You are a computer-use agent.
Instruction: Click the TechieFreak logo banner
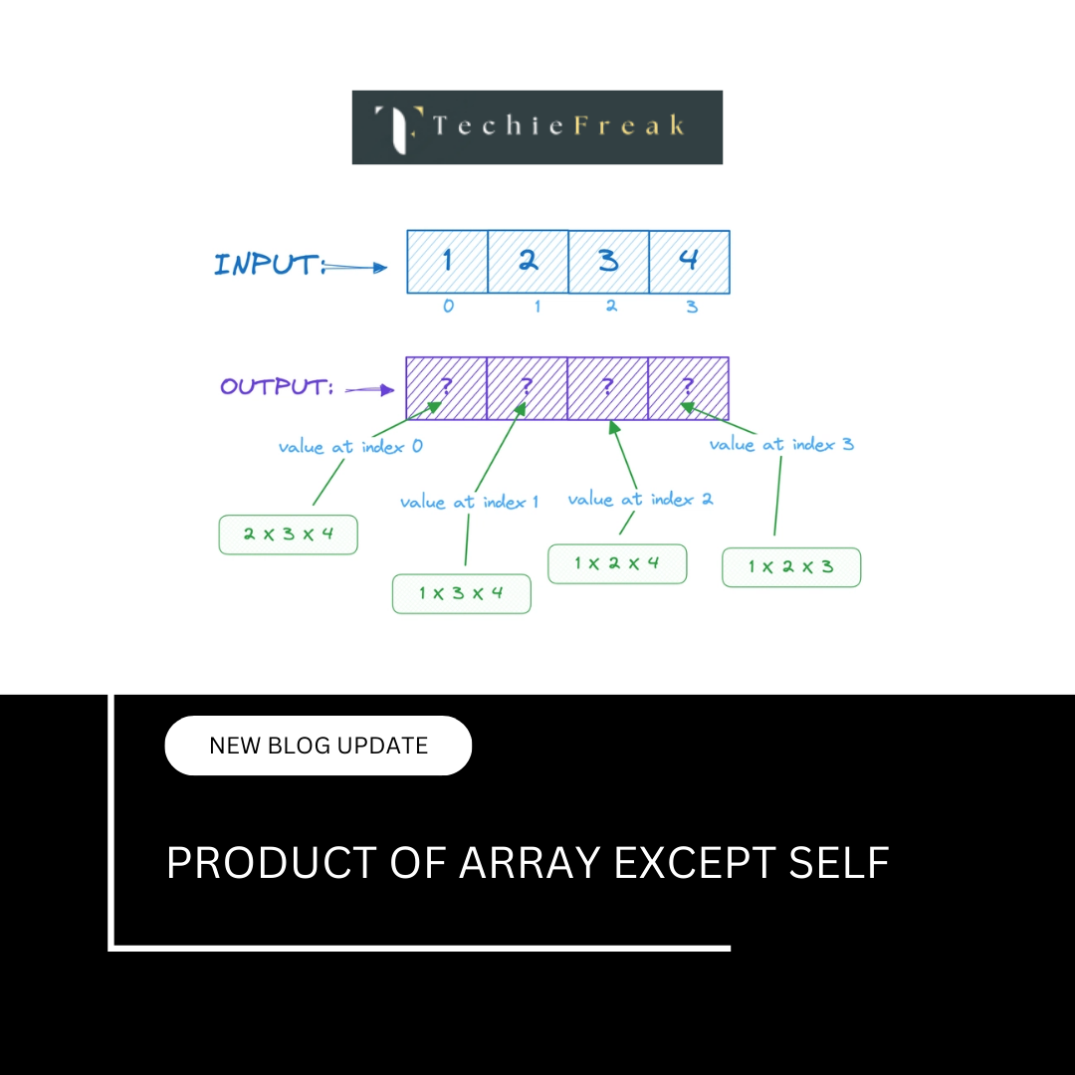point(537,127)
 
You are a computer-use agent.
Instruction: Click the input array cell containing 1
point(447,262)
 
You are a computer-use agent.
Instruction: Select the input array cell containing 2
point(528,262)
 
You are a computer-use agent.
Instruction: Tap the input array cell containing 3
point(608,262)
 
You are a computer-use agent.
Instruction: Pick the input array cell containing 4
point(689,262)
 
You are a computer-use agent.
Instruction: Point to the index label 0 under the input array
point(448,307)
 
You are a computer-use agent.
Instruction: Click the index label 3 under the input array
point(692,307)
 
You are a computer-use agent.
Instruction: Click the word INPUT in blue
point(267,265)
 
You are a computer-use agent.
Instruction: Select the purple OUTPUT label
point(276,387)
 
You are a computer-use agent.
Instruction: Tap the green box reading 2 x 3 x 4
point(288,535)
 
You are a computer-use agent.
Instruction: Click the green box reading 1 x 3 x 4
point(461,593)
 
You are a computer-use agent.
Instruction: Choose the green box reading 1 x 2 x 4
point(617,563)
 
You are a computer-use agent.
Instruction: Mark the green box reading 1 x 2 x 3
point(791,567)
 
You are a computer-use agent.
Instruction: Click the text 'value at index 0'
point(350,447)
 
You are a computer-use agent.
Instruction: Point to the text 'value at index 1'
point(469,502)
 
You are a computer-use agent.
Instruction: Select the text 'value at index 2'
point(640,499)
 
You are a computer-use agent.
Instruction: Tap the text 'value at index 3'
point(781,444)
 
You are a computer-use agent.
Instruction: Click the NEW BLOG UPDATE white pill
point(318,746)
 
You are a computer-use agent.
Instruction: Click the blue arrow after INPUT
point(357,267)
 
